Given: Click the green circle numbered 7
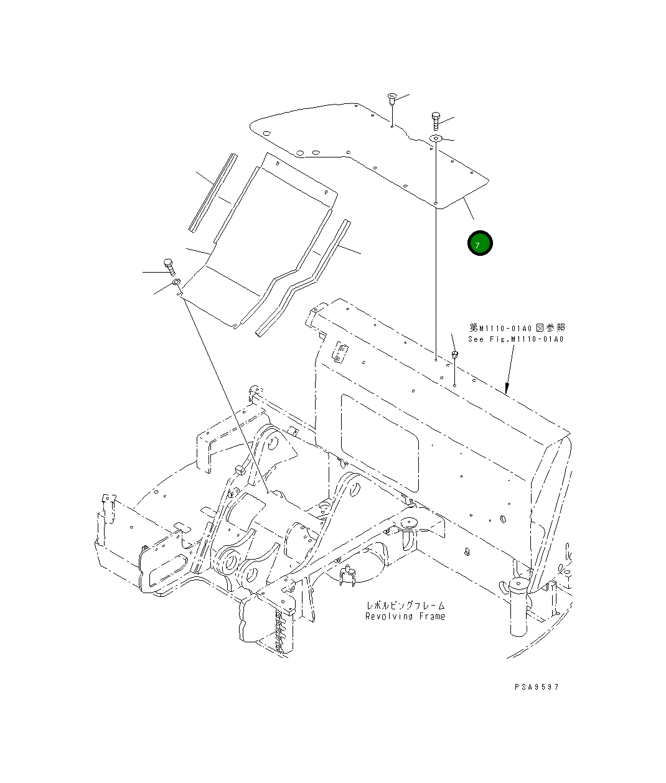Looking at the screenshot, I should [x=480, y=243].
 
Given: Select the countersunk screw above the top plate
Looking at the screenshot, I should [x=392, y=97].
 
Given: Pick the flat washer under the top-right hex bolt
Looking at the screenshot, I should [x=436, y=138].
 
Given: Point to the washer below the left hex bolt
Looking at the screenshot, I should [x=176, y=284].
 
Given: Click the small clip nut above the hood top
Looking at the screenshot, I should [x=455, y=355].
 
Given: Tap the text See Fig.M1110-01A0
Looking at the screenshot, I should [x=516, y=339].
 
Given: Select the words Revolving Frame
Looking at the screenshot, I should [x=405, y=616].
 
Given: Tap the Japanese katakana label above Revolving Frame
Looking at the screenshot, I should [x=405, y=605].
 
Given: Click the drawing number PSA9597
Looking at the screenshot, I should [x=537, y=687].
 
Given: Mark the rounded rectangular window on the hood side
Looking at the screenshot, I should [x=380, y=442].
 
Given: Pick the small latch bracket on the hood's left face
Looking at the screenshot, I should [x=340, y=353].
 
